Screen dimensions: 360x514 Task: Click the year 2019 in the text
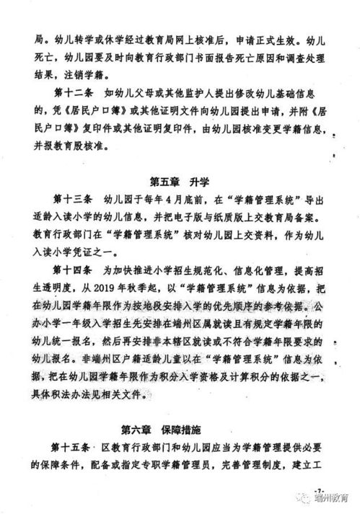click(123, 288)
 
